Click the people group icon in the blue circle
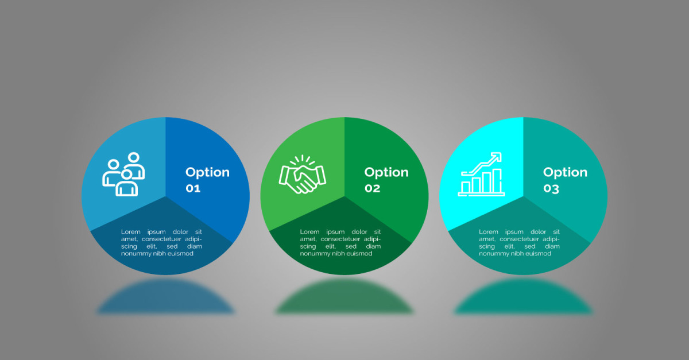(123, 174)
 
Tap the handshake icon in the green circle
(303, 174)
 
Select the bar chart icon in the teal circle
(481, 174)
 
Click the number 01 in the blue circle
(193, 188)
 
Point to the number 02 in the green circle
(372, 188)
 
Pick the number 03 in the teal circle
(551, 189)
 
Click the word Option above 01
(208, 173)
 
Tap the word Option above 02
(386, 173)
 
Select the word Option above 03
(566, 173)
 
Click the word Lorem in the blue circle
(131, 232)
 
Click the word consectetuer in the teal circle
(519, 239)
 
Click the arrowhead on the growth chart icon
(497, 157)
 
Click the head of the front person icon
(126, 175)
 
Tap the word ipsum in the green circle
(335, 232)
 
